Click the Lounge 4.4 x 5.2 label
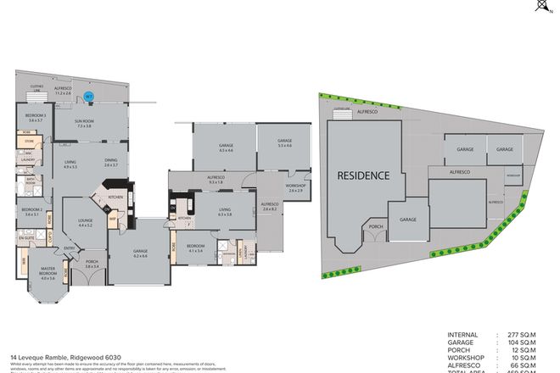(x=85, y=223)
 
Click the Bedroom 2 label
(x=31, y=211)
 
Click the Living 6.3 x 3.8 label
(x=224, y=212)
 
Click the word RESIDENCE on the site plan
(x=365, y=176)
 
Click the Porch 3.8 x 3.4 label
(x=92, y=264)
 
